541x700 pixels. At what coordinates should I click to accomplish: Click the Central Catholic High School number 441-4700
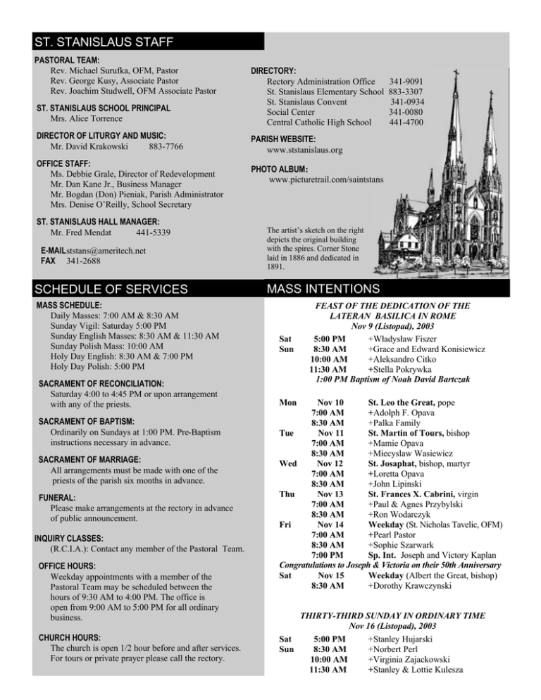coord(406,122)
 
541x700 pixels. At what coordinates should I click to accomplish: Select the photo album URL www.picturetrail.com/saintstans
coord(326,180)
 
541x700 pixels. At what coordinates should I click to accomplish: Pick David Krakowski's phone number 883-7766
coord(168,146)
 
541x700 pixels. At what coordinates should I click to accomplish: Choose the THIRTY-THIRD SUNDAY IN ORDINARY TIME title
coord(392,615)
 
